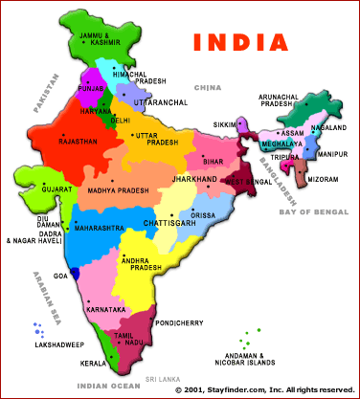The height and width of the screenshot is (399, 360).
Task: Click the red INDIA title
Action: [x=239, y=43]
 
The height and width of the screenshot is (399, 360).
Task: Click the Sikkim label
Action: [x=222, y=124]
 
